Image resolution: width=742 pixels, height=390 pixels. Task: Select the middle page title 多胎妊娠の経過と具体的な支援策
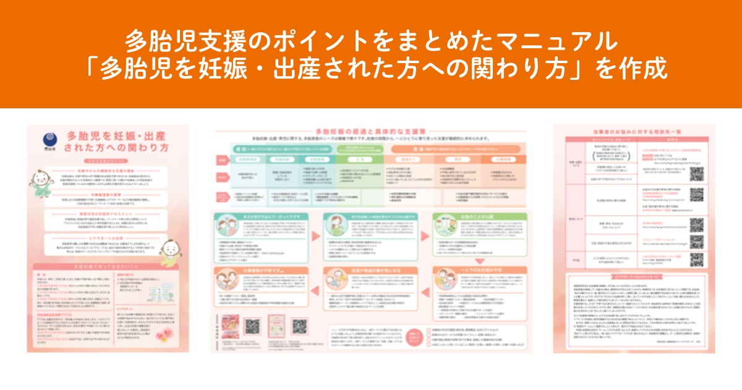coord(370,132)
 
